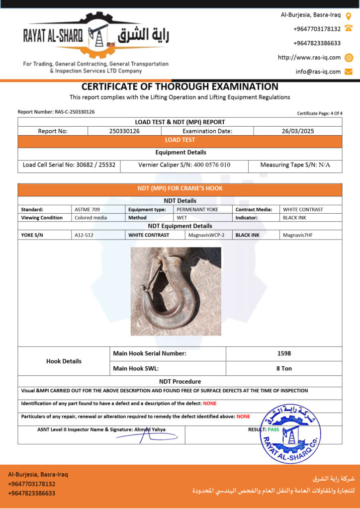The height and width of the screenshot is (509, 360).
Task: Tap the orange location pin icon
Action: coord(349,15)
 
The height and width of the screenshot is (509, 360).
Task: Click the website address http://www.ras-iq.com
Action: coord(309,58)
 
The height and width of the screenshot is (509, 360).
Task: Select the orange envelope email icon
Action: coord(349,72)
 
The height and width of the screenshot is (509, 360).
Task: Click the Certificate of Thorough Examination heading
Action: coord(180,86)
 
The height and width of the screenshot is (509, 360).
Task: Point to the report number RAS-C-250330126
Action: coord(75,112)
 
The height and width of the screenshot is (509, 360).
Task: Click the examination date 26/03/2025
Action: coord(297,131)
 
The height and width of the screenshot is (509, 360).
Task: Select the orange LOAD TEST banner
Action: coord(180,140)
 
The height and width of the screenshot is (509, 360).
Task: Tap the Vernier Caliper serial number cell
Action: coord(184,165)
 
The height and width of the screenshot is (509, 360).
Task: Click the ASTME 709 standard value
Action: coord(87,210)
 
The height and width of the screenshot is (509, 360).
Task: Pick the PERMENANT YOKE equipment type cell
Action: coord(197,210)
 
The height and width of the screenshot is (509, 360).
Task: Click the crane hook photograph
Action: coord(176,291)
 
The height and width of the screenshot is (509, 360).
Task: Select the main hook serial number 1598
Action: coord(284,353)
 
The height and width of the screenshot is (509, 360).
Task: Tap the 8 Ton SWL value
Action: coord(284,368)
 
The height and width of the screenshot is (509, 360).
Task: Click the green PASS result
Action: coord(273,429)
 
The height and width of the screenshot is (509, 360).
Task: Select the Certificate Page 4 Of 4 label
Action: coord(320,113)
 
